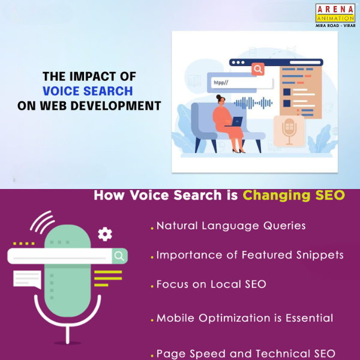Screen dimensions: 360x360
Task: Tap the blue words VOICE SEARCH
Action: click(88, 91)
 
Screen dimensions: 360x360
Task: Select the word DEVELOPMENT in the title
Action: click(115, 106)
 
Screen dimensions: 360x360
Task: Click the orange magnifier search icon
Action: click(258, 69)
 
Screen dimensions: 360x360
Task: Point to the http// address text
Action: click(221, 83)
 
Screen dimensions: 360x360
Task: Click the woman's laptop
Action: click(235, 122)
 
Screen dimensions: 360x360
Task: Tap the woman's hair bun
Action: click(218, 97)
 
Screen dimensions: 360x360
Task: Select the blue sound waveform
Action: click(253, 103)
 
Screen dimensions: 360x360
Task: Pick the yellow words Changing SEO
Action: click(293, 196)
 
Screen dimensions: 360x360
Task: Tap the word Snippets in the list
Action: click(320, 255)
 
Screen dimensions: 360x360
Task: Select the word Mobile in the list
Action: click(175, 318)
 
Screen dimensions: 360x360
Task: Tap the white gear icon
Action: click(105, 234)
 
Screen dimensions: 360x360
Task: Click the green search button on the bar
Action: click(119, 256)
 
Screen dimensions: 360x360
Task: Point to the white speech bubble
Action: click(27, 280)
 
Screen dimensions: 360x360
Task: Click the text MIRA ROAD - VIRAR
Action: click(335, 25)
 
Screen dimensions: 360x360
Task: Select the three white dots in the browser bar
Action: click(238, 62)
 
